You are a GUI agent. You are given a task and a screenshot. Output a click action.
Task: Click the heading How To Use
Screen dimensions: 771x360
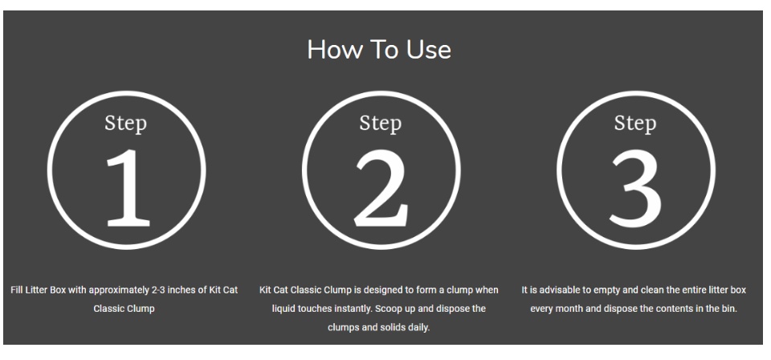(x=378, y=50)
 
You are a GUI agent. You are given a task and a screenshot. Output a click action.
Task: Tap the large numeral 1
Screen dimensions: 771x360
(x=128, y=188)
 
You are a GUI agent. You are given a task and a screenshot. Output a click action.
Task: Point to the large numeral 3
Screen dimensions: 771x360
(x=636, y=188)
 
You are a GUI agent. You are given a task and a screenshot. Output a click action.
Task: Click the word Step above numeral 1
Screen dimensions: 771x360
(x=126, y=123)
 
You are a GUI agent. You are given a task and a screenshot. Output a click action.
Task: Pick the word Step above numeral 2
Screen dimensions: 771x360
(x=380, y=123)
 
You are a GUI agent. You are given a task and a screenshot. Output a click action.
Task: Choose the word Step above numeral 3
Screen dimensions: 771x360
(x=634, y=123)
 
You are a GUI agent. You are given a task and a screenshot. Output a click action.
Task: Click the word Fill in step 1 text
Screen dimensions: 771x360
(x=16, y=290)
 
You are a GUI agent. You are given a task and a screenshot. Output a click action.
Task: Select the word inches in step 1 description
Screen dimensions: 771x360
(x=182, y=290)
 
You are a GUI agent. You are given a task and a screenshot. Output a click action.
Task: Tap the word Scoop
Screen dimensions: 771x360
(x=387, y=309)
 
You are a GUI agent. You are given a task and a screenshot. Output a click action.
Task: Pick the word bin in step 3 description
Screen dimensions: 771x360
(x=730, y=309)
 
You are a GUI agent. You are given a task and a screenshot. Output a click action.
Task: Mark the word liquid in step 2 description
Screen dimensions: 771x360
(x=284, y=309)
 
